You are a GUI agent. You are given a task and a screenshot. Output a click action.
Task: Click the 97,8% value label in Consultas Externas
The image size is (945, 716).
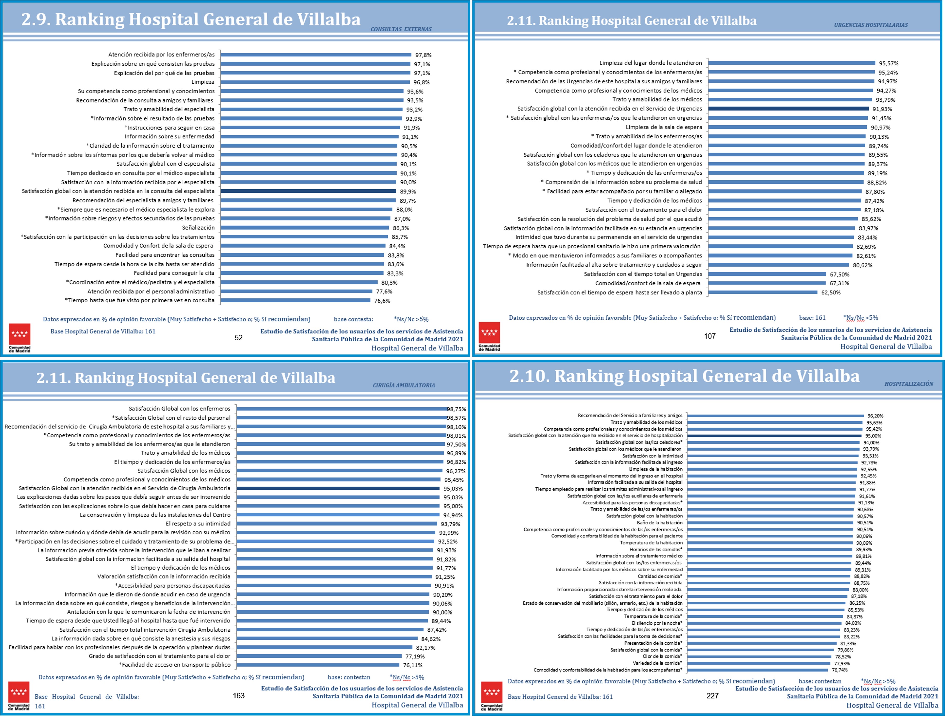point(423,55)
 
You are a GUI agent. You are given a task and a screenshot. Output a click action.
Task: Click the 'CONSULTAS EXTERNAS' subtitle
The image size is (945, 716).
point(401,29)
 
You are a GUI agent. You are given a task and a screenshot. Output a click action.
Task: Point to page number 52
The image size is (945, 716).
point(238,337)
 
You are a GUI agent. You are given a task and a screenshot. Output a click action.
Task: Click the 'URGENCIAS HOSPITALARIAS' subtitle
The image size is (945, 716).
point(871,25)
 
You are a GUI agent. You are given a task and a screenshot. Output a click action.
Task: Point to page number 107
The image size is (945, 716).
point(710,336)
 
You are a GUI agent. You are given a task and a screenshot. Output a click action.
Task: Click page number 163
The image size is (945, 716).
point(238,696)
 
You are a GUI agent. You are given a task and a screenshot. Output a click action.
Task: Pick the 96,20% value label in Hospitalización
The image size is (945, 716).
point(875,416)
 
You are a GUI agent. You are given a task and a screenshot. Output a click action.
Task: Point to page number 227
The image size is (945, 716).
point(712,696)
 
